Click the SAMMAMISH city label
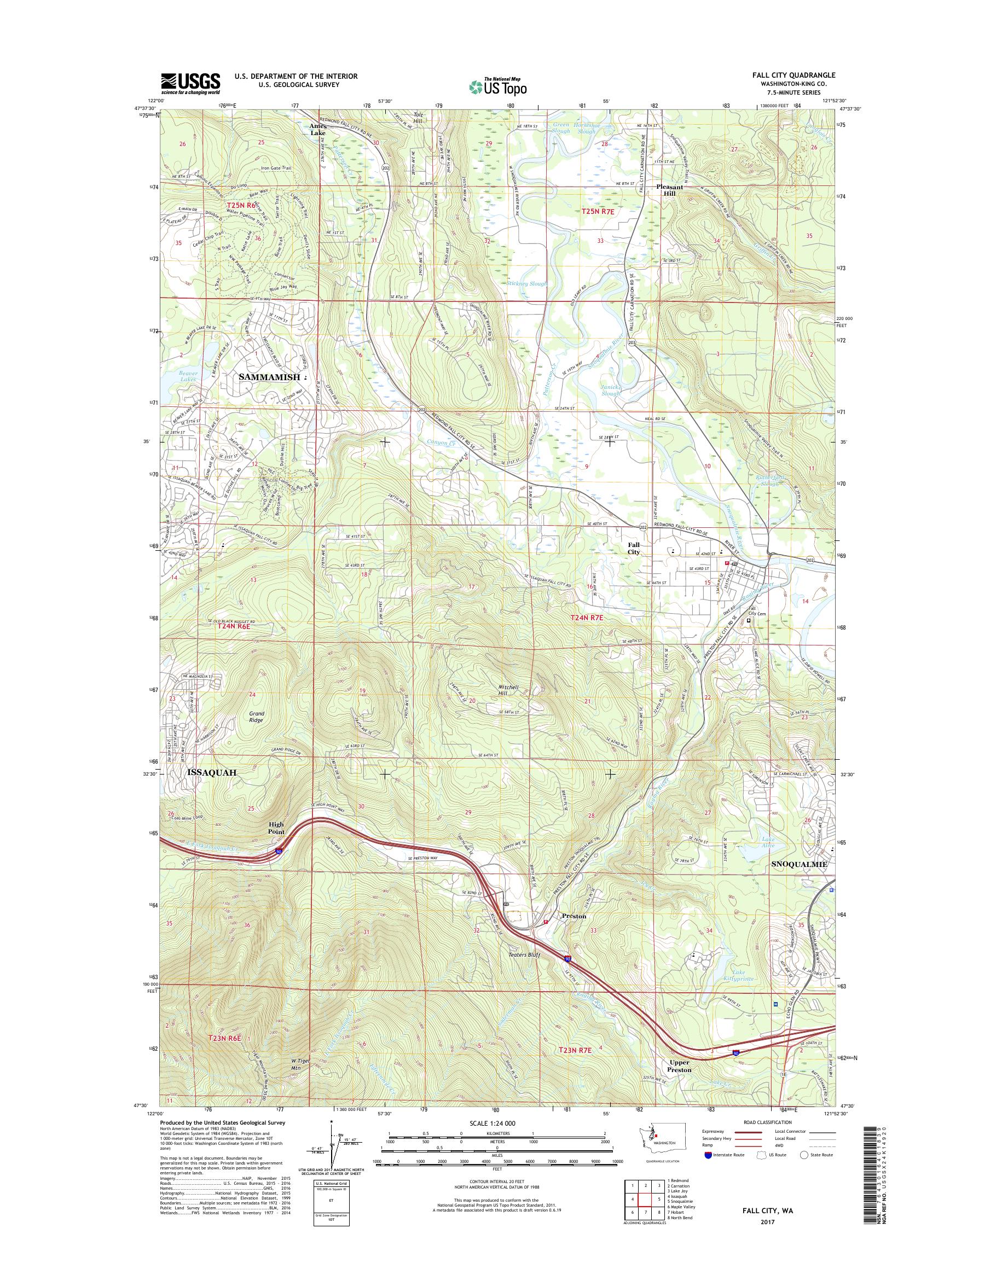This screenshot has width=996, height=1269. point(269,377)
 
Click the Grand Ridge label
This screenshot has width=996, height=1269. point(256,717)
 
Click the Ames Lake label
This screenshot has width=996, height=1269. point(319,129)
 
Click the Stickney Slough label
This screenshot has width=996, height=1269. point(526,284)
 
